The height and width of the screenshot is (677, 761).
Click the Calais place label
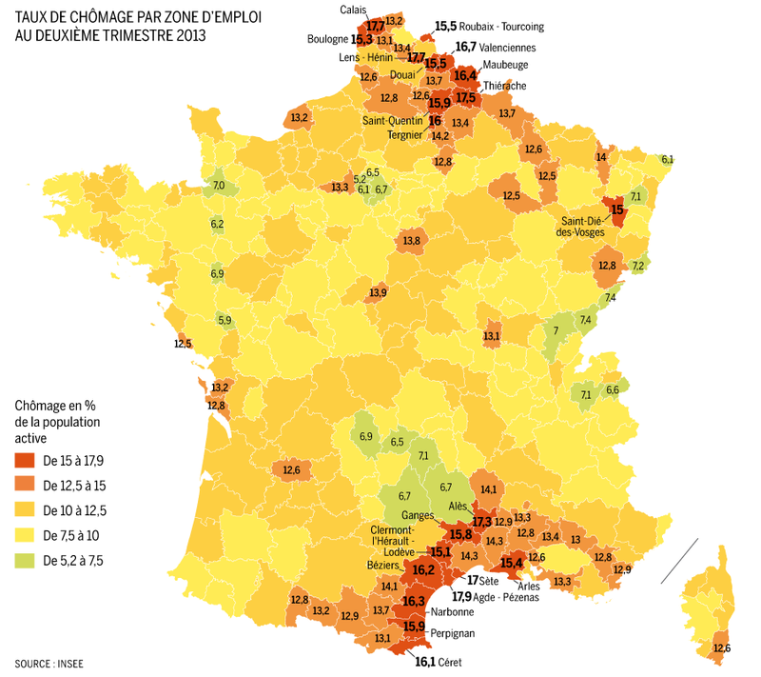tap(356, 10)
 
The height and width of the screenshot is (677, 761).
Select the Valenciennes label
tap(509, 47)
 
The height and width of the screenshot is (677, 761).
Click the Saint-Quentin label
tap(393, 121)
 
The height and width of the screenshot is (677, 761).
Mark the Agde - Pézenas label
tap(508, 597)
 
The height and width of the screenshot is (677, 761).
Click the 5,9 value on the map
tap(224, 321)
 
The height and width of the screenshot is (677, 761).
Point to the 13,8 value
tap(412, 242)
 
